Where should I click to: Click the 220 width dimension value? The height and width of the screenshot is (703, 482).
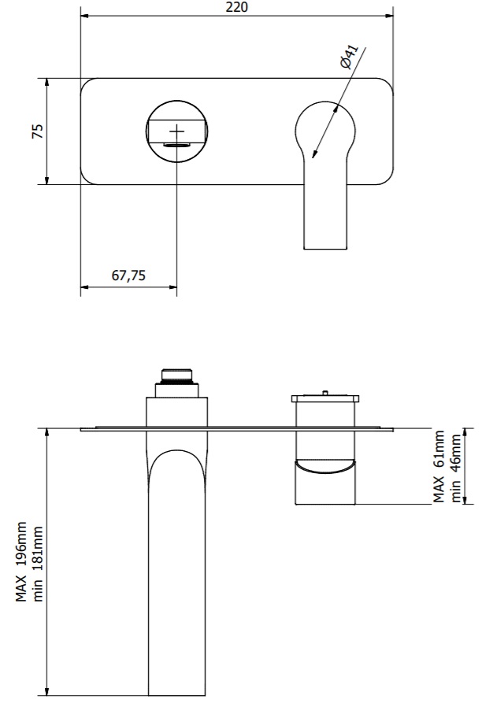point(237,7)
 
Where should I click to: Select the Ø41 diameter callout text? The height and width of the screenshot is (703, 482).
point(349,56)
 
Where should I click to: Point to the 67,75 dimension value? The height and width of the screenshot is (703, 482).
point(128,275)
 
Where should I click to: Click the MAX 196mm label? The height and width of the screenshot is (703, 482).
point(21,561)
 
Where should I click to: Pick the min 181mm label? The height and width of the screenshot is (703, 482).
point(38,564)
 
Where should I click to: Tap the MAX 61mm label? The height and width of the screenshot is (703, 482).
point(439,466)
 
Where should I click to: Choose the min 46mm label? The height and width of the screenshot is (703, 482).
point(456,468)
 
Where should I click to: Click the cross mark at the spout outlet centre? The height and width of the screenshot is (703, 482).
point(177,131)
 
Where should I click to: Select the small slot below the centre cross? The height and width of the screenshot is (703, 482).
point(177,144)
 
